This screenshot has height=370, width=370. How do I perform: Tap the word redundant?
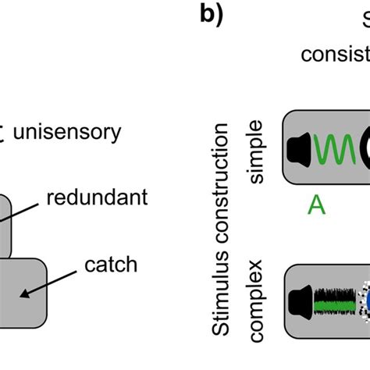pyautogui.click(x=96, y=198)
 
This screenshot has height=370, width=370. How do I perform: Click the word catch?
pyautogui.click(x=110, y=265)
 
